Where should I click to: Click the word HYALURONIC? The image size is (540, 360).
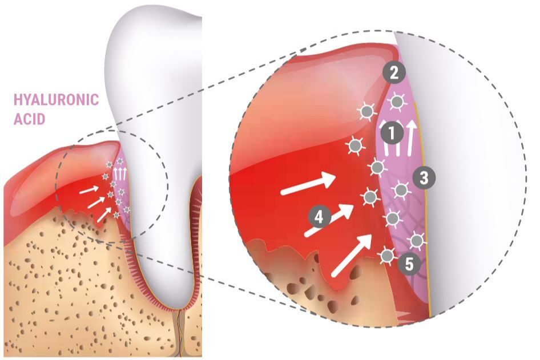(56, 99)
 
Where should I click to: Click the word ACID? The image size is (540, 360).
(29, 119)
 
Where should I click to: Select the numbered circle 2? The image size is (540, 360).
(394, 72)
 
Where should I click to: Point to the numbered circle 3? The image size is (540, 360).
(424, 178)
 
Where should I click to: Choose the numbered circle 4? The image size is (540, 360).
(319, 217)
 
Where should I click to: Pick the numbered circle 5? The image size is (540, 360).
(409, 265)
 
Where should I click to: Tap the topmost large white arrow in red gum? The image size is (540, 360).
(308, 184)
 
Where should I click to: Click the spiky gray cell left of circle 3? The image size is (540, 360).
(401, 190)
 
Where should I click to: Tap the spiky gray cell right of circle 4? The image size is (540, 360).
(370, 197)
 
